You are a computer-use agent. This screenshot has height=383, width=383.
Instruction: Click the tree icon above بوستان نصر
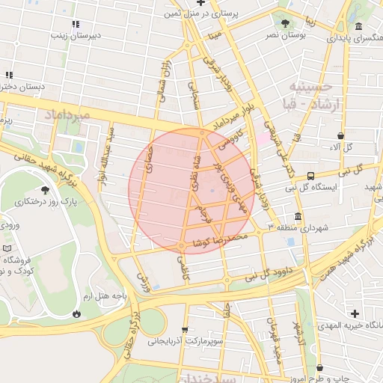tap(285, 22)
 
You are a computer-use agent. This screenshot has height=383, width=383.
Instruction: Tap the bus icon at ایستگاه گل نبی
tap(310, 176)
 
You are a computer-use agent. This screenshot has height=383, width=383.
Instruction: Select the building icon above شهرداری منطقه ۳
tap(298, 217)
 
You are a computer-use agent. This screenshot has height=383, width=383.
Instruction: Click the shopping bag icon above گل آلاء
tap(341, 136)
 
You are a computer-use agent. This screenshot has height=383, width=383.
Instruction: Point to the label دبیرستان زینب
tap(70, 34)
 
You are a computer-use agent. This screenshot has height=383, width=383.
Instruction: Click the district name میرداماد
tap(67, 114)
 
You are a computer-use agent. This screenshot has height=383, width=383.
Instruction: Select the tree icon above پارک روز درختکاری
tap(46, 190)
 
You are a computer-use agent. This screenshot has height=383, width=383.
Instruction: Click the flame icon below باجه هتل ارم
tap(76, 313)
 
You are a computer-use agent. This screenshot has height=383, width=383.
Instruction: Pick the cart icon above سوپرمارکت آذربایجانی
tap(185, 330)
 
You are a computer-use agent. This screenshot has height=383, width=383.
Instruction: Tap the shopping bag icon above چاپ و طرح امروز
tap(320, 368)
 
